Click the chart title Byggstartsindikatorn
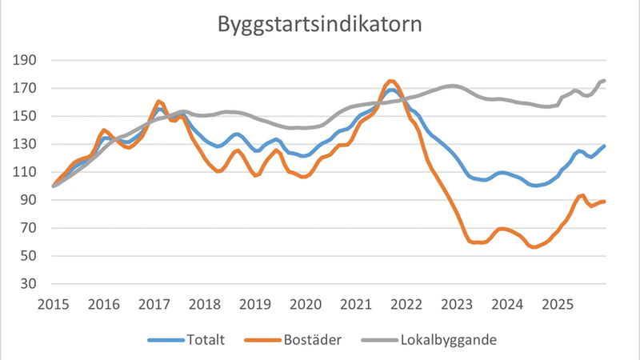[320, 24]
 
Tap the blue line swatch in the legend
[165, 341]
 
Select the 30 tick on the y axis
[31, 284]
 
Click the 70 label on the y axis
[31, 228]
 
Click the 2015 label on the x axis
[53, 304]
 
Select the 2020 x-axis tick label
[306, 304]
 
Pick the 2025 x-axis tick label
[558, 304]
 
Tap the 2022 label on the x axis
[406, 304]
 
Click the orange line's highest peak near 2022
[390, 81]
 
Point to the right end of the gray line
[605, 80]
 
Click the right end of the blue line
[605, 146]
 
